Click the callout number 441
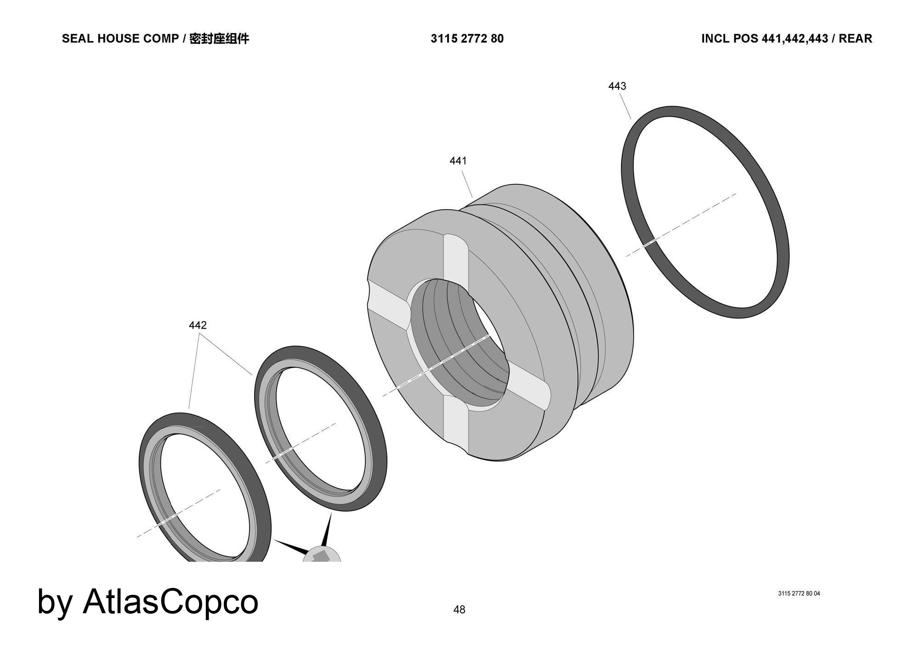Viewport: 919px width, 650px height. tap(458, 161)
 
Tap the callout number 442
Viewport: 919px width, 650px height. tap(198, 325)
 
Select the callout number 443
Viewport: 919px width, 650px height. tap(617, 86)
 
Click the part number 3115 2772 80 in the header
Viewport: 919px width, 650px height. tap(467, 39)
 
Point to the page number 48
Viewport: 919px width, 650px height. tap(459, 610)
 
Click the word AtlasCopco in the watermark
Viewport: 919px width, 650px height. tap(170, 601)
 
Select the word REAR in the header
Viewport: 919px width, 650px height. tap(855, 39)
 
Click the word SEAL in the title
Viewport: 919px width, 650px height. tap(74, 39)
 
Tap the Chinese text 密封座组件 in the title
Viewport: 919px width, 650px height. tap(219, 39)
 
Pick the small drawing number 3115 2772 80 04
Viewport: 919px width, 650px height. tap(799, 593)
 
